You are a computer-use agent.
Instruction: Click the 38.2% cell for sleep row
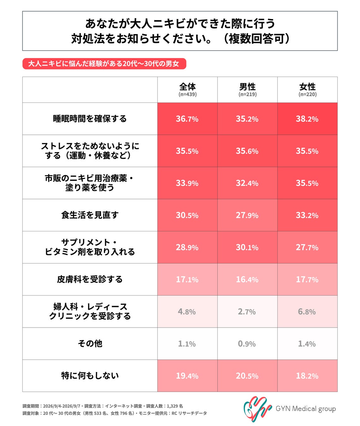[x=307, y=119]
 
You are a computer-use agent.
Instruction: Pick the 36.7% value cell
[x=187, y=119]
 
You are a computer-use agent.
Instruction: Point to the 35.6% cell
[x=247, y=151]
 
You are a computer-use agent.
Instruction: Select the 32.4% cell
[x=247, y=183]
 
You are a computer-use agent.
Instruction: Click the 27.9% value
[x=247, y=215]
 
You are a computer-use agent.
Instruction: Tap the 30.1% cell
[x=247, y=247]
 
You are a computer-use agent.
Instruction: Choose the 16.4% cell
[x=247, y=280]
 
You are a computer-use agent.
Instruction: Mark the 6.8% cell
[x=307, y=311]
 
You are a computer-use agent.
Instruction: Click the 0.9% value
[x=247, y=344]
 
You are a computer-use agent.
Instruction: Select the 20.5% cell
[x=247, y=376]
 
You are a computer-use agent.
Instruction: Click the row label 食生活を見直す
[x=90, y=215]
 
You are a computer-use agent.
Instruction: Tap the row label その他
[x=90, y=344]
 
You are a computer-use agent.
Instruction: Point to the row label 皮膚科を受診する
[x=90, y=279]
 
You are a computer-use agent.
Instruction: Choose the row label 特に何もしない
[x=90, y=376]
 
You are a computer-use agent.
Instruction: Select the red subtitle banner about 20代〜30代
[x=104, y=64]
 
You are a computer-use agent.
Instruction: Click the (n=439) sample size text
[x=188, y=94]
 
